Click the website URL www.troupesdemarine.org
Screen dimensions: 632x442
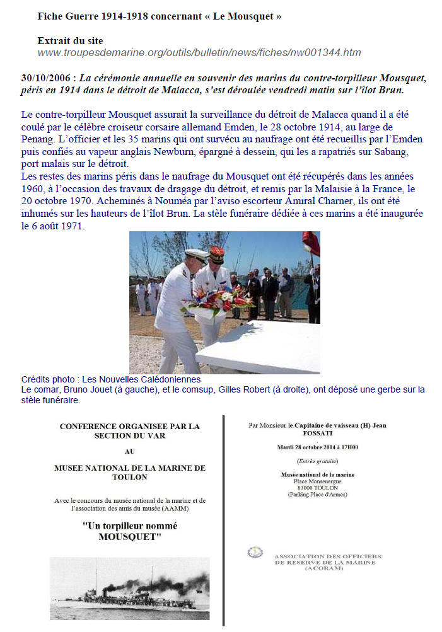[x=199, y=53]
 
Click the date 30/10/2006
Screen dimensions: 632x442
[x=45, y=78]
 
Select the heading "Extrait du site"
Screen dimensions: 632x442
[x=70, y=41]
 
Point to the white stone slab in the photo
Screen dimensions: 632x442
[x=265, y=346]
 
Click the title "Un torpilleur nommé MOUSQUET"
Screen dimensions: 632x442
[x=130, y=531]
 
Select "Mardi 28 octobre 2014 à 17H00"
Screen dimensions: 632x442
[x=318, y=448]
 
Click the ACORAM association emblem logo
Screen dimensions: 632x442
[x=255, y=553]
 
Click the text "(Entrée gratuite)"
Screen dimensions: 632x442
[x=317, y=461]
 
